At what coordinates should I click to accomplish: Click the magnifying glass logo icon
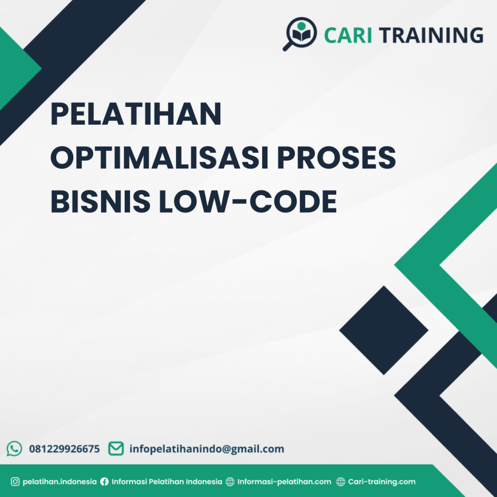299,33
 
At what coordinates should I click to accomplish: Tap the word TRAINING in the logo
431,35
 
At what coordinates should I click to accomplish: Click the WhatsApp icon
15,448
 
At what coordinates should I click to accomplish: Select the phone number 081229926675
65,449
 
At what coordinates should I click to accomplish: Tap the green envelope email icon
116,448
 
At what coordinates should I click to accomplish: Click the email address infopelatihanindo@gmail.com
207,449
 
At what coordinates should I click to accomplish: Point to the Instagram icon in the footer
15,482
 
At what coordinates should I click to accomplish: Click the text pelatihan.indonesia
60,482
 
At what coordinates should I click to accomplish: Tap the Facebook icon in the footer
104,482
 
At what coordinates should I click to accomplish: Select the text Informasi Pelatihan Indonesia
167,482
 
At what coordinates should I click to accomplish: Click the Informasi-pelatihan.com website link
284,482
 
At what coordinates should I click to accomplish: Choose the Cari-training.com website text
382,482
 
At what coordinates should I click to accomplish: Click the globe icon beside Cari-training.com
341,482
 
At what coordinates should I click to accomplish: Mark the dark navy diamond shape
383,330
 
